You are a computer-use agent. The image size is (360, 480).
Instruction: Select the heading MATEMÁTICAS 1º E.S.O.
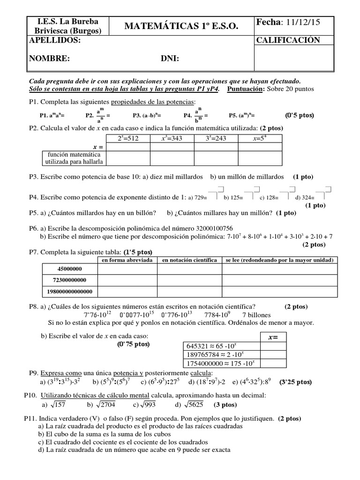click(182, 27)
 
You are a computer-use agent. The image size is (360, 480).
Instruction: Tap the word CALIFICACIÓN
click(288, 40)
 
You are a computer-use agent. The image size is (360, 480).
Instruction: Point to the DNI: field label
click(170, 59)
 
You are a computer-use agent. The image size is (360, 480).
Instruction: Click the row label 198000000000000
click(69, 292)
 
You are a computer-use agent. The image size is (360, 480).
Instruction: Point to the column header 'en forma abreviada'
click(127, 260)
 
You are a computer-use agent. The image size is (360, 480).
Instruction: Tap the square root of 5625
click(194, 405)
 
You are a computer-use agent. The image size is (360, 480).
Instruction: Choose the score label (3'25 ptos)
click(295, 382)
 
